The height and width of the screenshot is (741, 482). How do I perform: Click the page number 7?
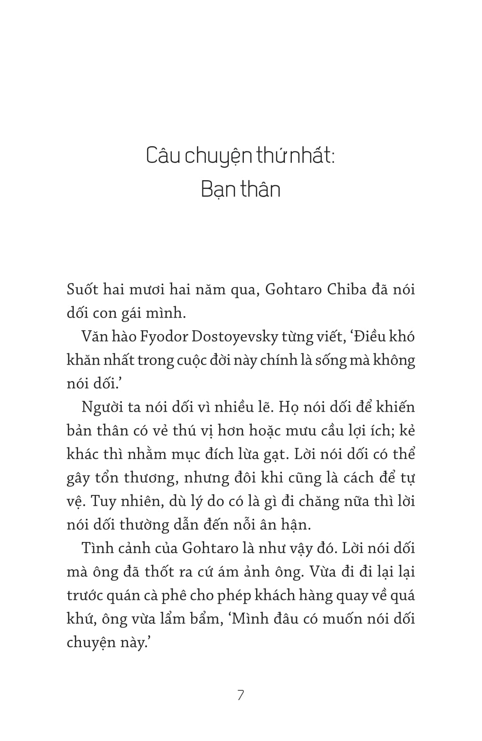(241, 695)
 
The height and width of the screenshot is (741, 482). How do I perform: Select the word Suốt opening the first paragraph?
(82, 289)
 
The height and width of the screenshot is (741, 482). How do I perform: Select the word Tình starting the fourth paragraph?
(96, 548)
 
